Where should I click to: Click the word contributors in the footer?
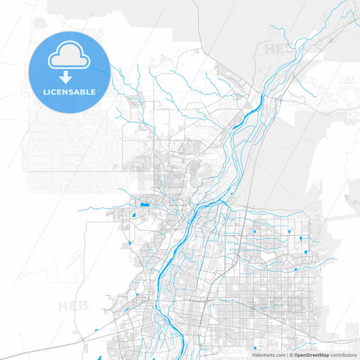(x=343, y=355)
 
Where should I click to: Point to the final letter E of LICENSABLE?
(x=93, y=92)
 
